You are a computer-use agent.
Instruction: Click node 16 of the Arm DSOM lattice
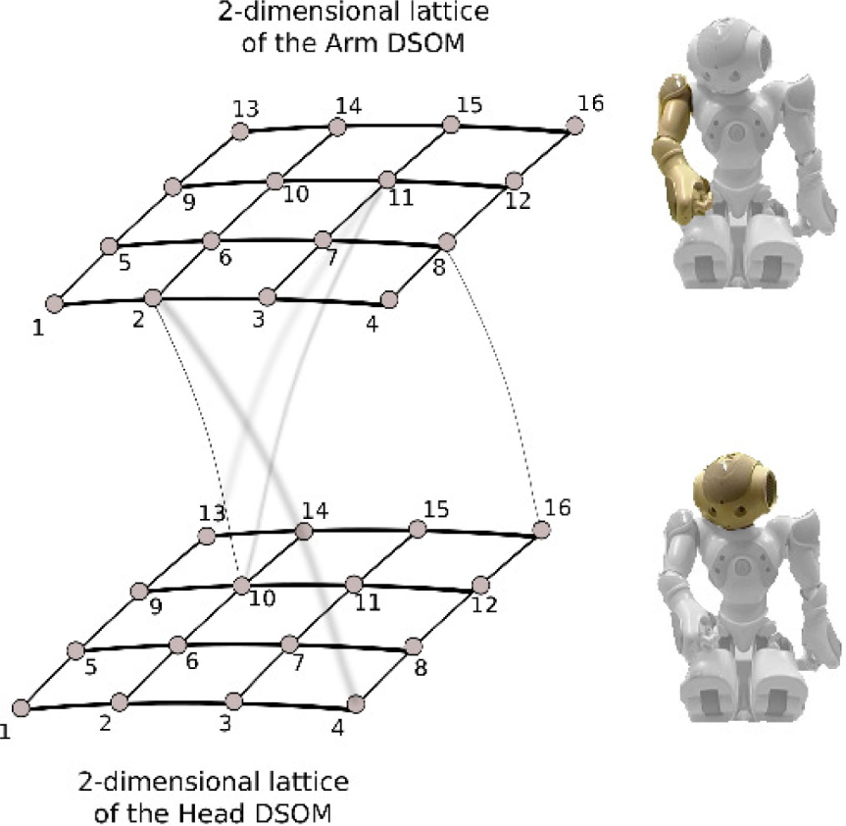point(575,126)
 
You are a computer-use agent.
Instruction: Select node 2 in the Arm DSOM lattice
point(152,297)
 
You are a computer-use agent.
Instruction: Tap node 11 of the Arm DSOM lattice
point(387,180)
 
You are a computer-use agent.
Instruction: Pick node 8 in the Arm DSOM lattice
point(447,241)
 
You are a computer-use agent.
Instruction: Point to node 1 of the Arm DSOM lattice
point(55,304)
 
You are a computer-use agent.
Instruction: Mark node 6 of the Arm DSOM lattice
point(210,240)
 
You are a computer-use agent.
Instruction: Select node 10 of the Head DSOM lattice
point(242,586)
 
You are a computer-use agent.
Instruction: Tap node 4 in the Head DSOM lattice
point(356,702)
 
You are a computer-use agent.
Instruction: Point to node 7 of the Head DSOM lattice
point(289,644)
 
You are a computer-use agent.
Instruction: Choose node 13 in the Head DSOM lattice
point(206,536)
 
